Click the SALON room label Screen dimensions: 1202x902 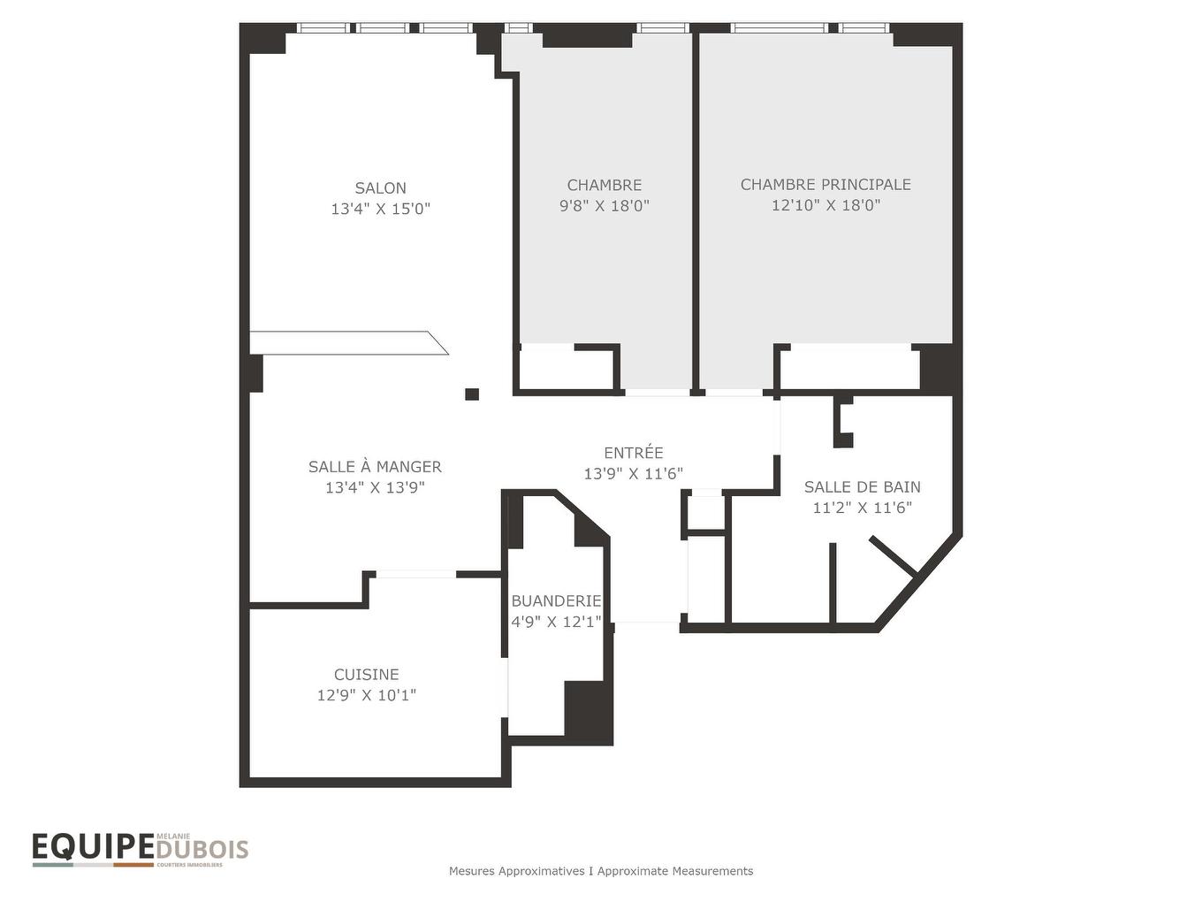(380, 187)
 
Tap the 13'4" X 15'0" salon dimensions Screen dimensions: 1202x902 (381, 209)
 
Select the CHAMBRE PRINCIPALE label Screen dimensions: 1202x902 (825, 185)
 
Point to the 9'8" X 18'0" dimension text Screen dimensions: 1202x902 (604, 205)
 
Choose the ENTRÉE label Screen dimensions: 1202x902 (633, 452)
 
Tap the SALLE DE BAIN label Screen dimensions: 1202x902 (862, 486)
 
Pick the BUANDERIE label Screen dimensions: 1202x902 (556, 600)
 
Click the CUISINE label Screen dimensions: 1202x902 (367, 674)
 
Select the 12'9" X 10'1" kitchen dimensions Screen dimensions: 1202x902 (367, 694)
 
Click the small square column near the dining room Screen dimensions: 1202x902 (471, 394)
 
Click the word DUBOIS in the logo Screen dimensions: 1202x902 (202, 850)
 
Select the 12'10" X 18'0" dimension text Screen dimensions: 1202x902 (825, 205)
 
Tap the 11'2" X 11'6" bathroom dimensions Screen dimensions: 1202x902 (862, 507)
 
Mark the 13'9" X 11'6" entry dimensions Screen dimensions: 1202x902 (633, 472)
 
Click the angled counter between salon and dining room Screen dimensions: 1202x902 (349, 343)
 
